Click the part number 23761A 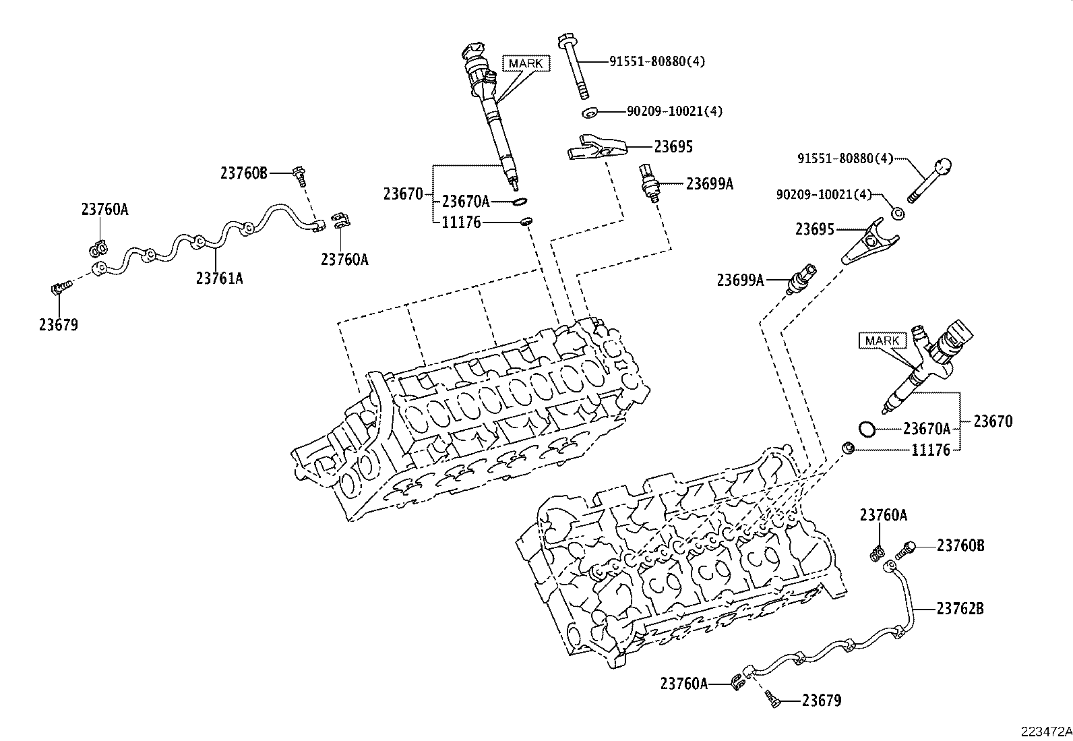tap(219, 277)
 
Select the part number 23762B tap(960, 609)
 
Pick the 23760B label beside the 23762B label tap(960, 545)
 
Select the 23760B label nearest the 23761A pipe tap(243, 173)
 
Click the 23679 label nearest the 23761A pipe tap(58, 325)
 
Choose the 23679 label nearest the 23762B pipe tap(822, 701)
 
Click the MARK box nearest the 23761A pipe tap(526, 63)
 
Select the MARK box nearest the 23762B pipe tap(882, 340)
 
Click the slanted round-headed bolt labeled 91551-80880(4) tap(929, 181)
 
